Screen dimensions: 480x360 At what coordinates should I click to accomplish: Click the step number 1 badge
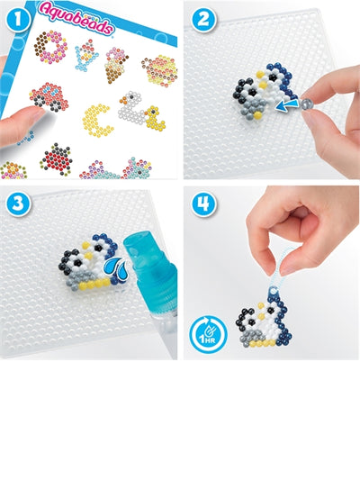point(15,17)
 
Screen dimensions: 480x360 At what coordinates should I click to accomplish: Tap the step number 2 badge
point(201,17)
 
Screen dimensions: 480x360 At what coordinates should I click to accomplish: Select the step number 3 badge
point(15,203)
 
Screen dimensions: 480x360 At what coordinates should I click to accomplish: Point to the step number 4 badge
point(201,203)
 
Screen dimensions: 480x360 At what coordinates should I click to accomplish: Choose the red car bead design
point(49,97)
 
